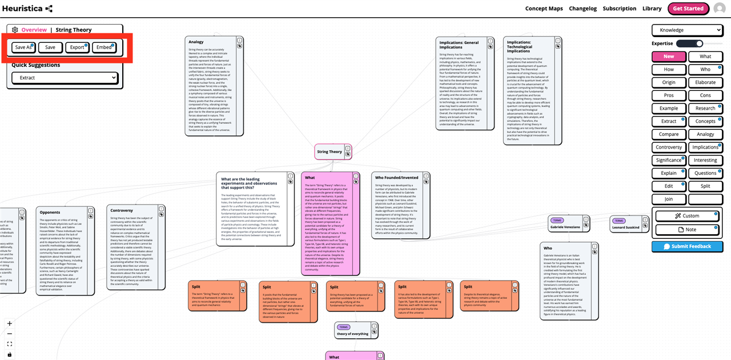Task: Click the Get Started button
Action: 688,9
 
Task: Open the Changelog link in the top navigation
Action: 583,9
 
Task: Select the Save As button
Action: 23,47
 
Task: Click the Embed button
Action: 104,47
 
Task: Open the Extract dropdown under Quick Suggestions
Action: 65,78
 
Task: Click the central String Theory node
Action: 330,152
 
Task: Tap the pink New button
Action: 669,57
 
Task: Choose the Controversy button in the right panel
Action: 669,147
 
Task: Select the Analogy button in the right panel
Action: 705,134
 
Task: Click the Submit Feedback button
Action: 687,247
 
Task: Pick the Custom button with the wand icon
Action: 687,216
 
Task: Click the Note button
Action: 687,230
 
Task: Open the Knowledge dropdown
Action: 687,30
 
